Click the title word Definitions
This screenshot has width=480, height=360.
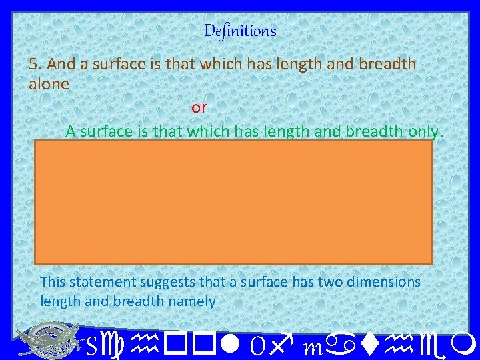[240, 31]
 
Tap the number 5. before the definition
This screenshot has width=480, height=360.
[35, 64]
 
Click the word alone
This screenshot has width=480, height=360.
[49, 85]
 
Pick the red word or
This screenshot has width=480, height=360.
[199, 107]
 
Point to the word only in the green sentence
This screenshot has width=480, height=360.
[424, 131]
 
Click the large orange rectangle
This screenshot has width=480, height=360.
[233, 201]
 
